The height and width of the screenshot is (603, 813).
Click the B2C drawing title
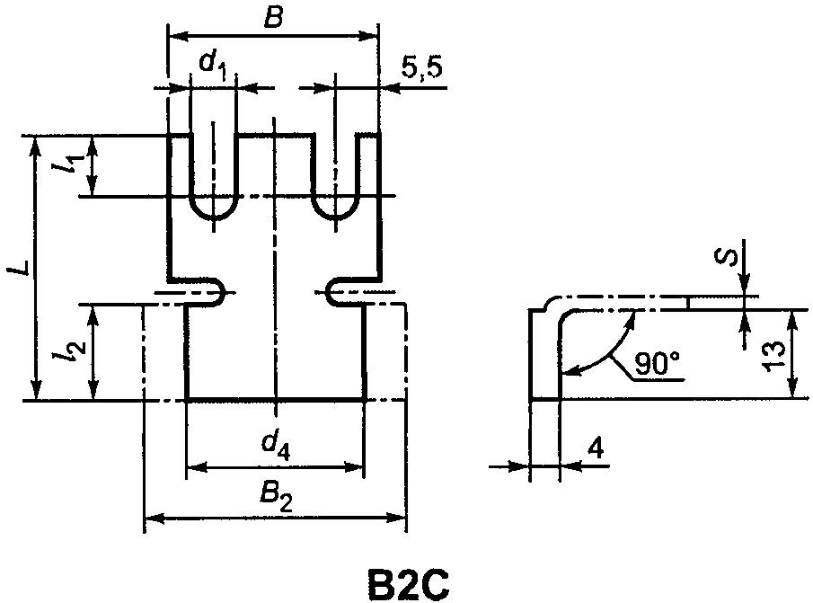click(x=408, y=584)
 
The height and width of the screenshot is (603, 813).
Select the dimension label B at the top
click(x=273, y=19)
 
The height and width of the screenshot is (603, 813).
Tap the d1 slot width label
click(x=213, y=66)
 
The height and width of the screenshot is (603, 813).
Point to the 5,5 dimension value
click(x=422, y=67)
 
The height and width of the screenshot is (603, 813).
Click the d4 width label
click(x=276, y=446)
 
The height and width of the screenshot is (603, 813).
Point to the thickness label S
click(x=727, y=256)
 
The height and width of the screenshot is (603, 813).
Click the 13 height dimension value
click(x=773, y=356)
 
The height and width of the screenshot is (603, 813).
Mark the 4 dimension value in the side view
click(x=596, y=448)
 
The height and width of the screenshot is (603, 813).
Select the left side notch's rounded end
click(x=224, y=292)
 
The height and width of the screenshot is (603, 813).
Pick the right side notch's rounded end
click(x=329, y=292)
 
